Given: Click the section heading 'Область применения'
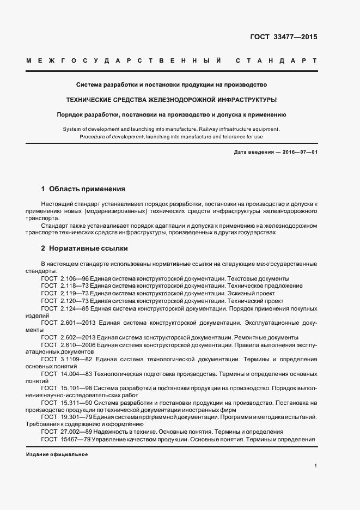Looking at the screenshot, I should pos(87,189).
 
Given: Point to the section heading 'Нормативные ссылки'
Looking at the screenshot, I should pos(88,248).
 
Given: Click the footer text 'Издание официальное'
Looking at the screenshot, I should pos(57,454).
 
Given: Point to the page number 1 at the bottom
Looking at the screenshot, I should pos(315,466).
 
